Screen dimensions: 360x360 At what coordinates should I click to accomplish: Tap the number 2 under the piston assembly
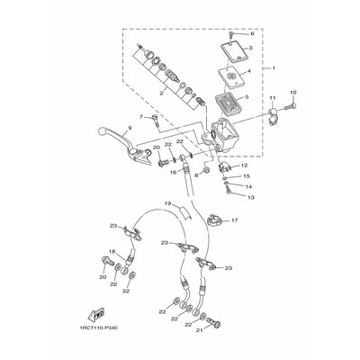(161, 93)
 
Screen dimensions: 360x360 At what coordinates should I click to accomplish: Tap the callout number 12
(243, 166)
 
